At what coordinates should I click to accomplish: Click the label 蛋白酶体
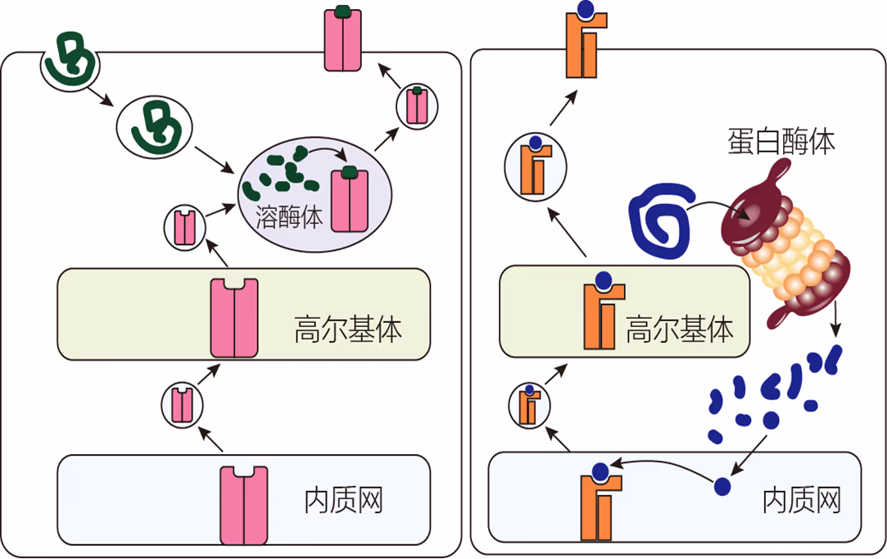(x=781, y=142)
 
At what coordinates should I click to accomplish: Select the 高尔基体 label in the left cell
(x=348, y=329)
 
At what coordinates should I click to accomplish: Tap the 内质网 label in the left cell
(x=344, y=499)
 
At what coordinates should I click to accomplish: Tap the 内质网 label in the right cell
(x=801, y=499)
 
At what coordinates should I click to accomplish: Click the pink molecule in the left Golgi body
(x=234, y=319)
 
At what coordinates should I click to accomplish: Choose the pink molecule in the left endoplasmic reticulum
(x=244, y=504)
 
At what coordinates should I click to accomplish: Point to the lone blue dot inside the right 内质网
(x=722, y=486)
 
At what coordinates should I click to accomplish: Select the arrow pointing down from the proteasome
(x=835, y=319)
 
